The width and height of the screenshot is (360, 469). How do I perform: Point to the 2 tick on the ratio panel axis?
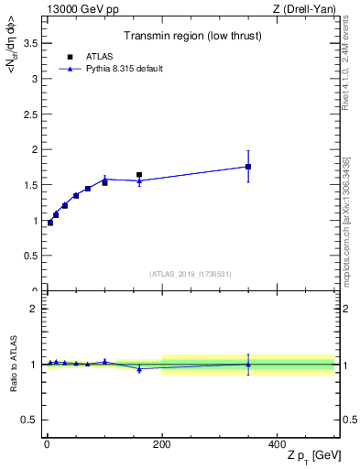coord(33,309)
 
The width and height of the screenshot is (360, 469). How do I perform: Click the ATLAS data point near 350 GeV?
coord(248,167)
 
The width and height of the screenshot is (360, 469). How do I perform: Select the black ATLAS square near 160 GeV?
coord(139,175)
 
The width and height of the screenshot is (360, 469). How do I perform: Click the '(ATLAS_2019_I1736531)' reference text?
coord(191,274)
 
